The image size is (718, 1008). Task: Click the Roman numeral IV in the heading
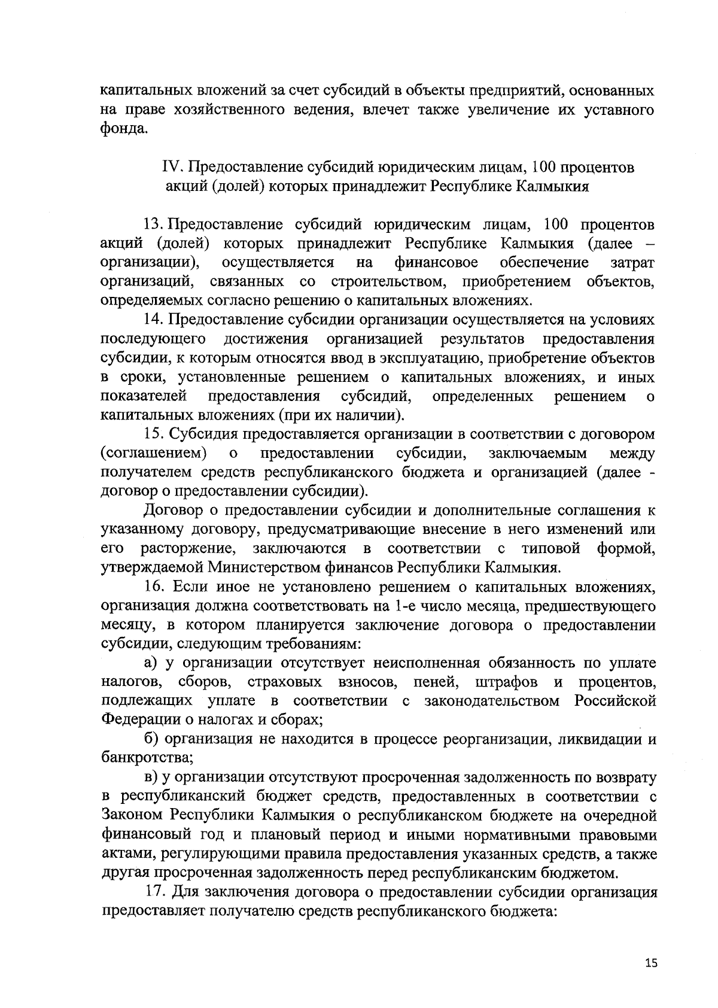click(172, 167)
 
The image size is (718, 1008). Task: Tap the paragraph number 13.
click(153, 225)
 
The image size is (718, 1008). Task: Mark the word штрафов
click(506, 682)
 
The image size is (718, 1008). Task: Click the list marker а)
click(151, 663)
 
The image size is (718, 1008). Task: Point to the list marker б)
click(152, 739)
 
